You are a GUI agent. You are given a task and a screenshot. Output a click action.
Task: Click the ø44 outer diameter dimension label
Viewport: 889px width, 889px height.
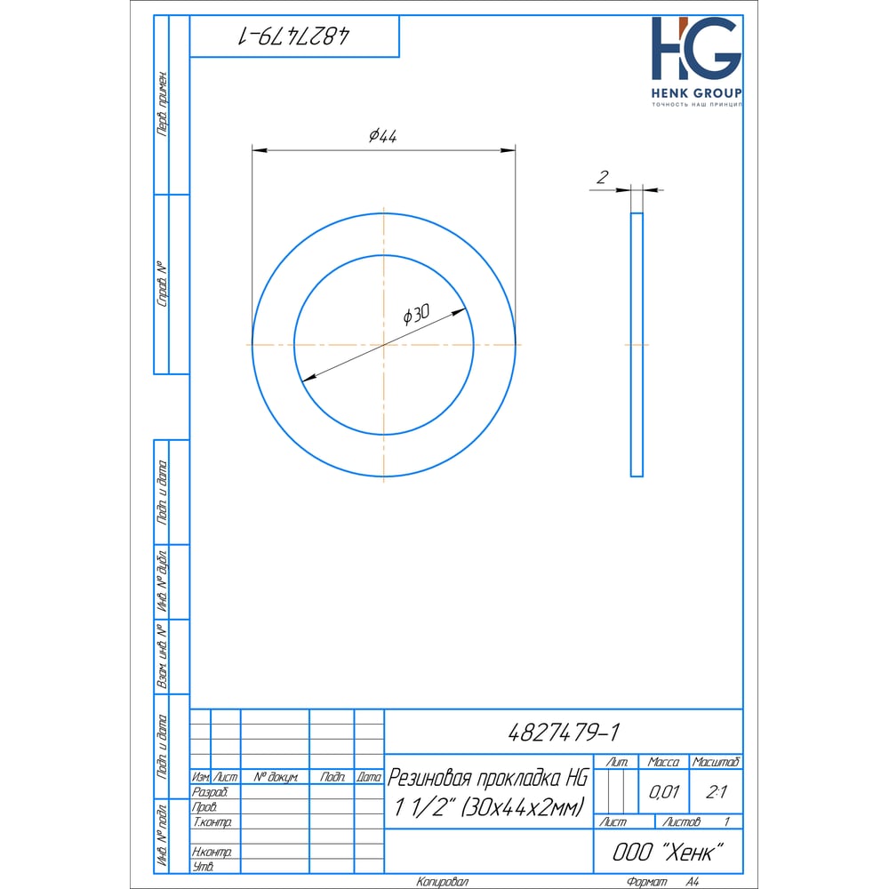point(382,135)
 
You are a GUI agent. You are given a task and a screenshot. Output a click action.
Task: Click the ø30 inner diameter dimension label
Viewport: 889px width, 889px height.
point(416,315)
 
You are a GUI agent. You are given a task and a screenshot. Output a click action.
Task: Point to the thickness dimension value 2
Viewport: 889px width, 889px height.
point(602,178)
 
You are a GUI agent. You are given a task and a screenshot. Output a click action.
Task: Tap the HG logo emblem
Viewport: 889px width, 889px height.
point(696,48)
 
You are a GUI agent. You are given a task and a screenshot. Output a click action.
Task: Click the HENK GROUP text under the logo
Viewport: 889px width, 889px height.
point(696,93)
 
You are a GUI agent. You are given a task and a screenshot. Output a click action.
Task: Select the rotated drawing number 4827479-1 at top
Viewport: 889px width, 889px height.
point(293,36)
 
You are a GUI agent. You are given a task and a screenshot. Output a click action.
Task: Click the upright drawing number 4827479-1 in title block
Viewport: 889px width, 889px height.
point(564,732)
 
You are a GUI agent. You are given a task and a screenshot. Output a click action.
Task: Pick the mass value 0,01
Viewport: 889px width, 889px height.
point(663,791)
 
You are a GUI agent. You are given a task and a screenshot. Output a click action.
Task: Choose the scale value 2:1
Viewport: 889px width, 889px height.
point(716,791)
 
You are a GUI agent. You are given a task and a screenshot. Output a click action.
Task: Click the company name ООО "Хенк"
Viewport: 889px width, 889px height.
point(668,853)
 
